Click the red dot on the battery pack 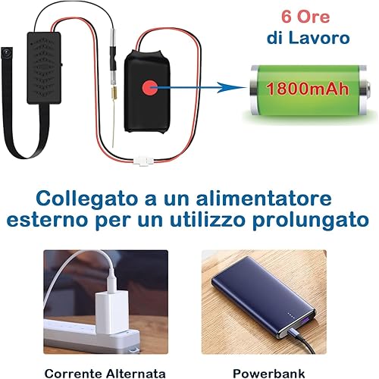[x=149, y=87]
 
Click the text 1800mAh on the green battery [x=308, y=89]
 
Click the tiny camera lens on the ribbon [x=5, y=52]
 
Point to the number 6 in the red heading [x=287, y=17]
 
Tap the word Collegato [x=86, y=199]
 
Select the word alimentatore [x=264, y=199]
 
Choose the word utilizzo [x=208, y=220]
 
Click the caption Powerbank [x=268, y=373]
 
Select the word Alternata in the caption [x=136, y=373]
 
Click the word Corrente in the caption [x=74, y=373]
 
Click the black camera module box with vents [x=44, y=67]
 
